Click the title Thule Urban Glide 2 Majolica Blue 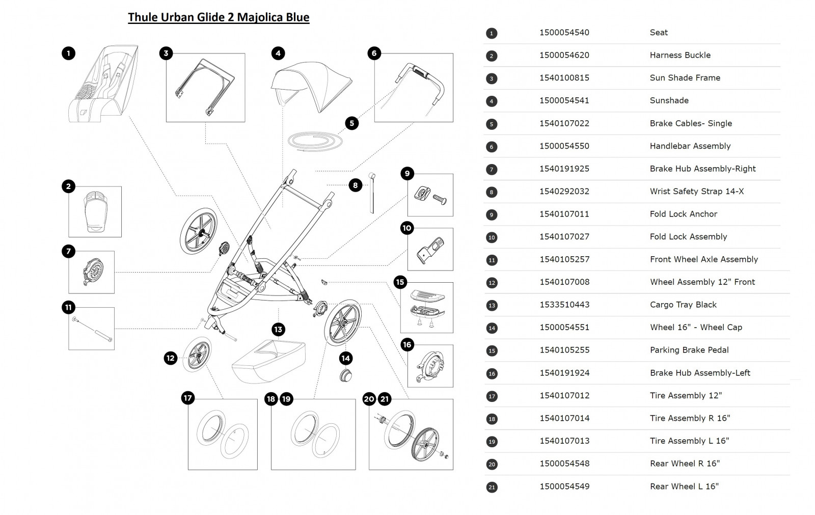[219, 17]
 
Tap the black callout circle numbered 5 [351, 123]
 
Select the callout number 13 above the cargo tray [278, 330]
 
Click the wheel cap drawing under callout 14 [346, 376]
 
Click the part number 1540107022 [564, 123]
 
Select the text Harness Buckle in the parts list [680, 55]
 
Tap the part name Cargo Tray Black [683, 305]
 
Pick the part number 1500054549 [564, 486]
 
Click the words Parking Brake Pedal [689, 350]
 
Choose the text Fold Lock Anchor [683, 214]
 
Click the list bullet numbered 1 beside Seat [491, 34]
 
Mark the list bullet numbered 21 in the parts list [491, 487]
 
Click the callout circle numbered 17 [188, 398]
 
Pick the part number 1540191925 [564, 169]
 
